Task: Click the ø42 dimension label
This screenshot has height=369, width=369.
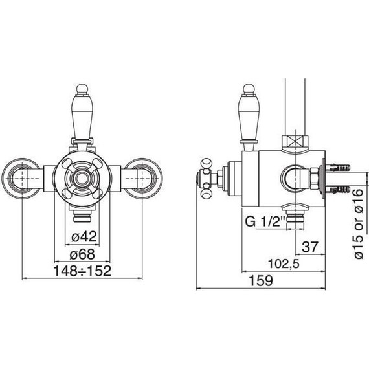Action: point(84,236)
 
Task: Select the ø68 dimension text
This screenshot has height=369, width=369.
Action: point(82,254)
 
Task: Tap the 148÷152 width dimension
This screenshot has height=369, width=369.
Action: point(82,271)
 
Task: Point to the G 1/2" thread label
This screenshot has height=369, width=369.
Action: point(265,221)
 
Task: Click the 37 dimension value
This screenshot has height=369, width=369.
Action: point(310,247)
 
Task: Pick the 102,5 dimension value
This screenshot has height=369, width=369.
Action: point(284,263)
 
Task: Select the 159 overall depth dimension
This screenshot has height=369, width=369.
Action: point(261,280)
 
